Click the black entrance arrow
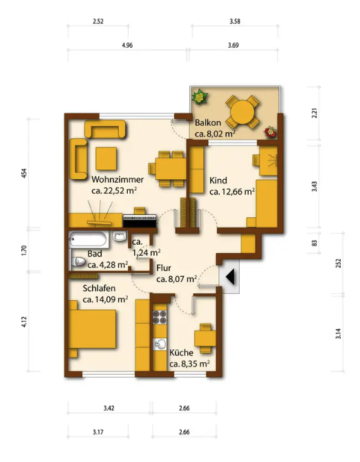[x=231, y=277]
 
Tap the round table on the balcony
[x=243, y=112]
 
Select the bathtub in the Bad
[x=88, y=239]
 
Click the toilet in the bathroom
[x=78, y=261]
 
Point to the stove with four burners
[x=160, y=317]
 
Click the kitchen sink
[x=160, y=344]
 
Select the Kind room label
[x=218, y=180]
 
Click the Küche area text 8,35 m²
[x=195, y=364]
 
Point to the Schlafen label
[x=99, y=288]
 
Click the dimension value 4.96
[x=127, y=45]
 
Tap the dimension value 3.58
[x=235, y=21]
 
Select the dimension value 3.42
[x=109, y=408]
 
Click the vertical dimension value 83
[x=314, y=243]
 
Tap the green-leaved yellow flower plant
[x=200, y=96]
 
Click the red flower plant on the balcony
[x=270, y=132]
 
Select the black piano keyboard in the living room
[x=140, y=221]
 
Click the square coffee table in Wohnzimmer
[x=106, y=158]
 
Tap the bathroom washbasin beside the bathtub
[x=120, y=237]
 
